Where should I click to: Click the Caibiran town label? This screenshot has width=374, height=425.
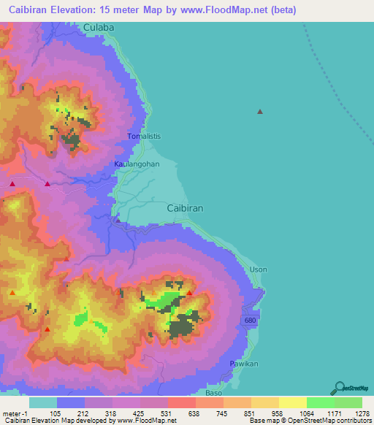click(x=185, y=208)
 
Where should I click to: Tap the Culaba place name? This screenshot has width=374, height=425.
click(x=99, y=27)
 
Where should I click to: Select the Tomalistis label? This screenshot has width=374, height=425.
click(x=143, y=137)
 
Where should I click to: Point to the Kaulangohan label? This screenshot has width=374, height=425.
click(x=137, y=164)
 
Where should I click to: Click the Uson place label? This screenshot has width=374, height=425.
click(x=259, y=269)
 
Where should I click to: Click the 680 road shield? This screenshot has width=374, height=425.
click(x=251, y=321)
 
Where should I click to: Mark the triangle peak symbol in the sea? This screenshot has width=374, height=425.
click(x=259, y=112)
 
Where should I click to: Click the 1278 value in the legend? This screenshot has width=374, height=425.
click(x=352, y=413)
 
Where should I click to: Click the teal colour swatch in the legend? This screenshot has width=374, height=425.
click(x=43, y=402)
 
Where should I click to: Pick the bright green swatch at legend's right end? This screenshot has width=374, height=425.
click(x=348, y=402)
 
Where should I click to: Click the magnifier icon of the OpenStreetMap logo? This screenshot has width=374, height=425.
click(x=338, y=388)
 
